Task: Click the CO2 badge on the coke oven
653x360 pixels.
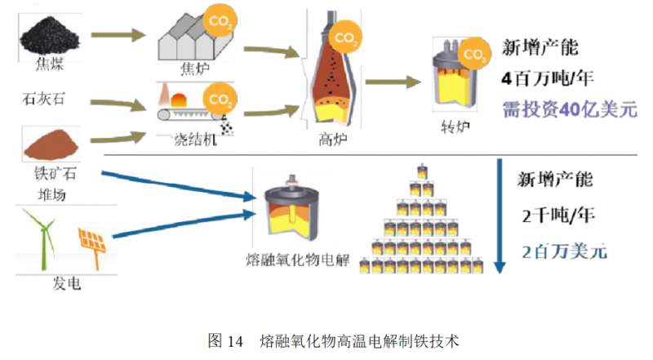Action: pyautogui.click(x=218, y=20)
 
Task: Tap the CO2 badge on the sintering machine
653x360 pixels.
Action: pyautogui.click(x=217, y=100)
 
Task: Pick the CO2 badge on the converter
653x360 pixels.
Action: pyautogui.click(x=471, y=54)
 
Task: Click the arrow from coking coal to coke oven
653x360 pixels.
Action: pyautogui.click(x=118, y=35)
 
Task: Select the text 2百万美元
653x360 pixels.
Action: pyautogui.click(x=564, y=251)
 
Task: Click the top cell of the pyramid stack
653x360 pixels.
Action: pyautogui.click(x=422, y=173)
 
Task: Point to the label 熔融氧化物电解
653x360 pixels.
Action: pyautogui.click(x=297, y=260)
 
